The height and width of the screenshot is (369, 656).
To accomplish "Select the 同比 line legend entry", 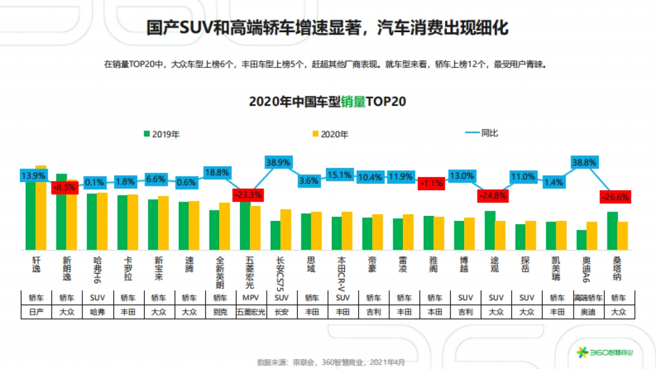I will pyautogui.click(x=481, y=133).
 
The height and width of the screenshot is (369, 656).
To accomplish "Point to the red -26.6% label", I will pyautogui.click(x=616, y=197).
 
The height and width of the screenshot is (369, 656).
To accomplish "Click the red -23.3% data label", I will pyautogui.click(x=248, y=195).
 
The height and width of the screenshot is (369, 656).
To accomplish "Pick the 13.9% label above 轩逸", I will pyautogui.click(x=34, y=175).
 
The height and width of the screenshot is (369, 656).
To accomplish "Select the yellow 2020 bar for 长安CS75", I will pyautogui.click(x=286, y=230).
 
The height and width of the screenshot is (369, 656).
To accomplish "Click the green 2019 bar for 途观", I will pyautogui.click(x=490, y=230).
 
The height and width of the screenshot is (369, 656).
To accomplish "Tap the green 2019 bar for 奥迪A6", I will pyautogui.click(x=582, y=240).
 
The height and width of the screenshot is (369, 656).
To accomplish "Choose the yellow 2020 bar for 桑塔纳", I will pyautogui.click(x=623, y=236).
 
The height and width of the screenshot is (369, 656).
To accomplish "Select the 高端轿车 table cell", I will pyautogui.click(x=588, y=298).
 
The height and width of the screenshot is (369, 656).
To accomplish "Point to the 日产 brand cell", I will pyautogui.click(x=36, y=312).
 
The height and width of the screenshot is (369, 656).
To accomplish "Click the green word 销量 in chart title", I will pyautogui.click(x=353, y=102).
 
